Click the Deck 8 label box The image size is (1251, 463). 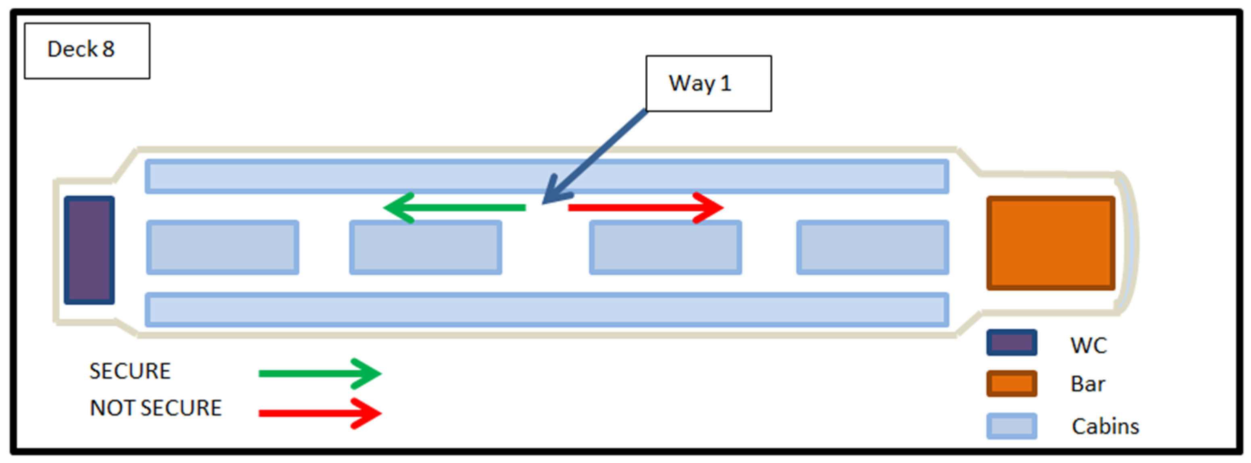(x=87, y=50)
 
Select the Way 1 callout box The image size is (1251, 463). (x=708, y=83)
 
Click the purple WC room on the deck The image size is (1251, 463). (x=89, y=250)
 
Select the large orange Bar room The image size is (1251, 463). (x=1050, y=243)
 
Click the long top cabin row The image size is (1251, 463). (x=547, y=176)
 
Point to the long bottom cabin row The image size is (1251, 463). (x=547, y=310)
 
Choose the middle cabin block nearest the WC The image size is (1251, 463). (x=222, y=248)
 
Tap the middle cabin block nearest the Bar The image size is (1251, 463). (x=872, y=248)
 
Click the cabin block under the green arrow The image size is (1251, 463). (x=426, y=248)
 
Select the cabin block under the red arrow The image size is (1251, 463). (x=665, y=248)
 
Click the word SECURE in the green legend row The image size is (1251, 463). (x=130, y=371)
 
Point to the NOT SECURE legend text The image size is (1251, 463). (x=156, y=408)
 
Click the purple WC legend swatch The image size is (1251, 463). (x=1012, y=343)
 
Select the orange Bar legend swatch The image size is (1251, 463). (x=1012, y=383)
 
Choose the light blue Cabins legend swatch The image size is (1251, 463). (x=1012, y=426)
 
